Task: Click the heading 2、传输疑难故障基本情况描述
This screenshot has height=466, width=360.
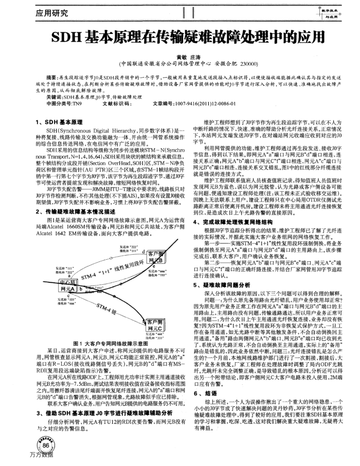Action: (x=78, y=211)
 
